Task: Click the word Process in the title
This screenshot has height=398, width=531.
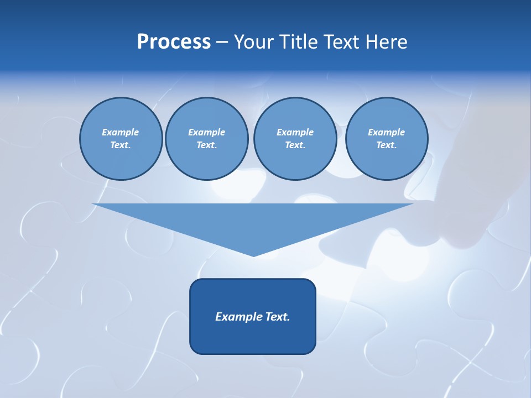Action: click(x=174, y=42)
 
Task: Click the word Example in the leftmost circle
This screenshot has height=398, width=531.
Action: click(x=121, y=132)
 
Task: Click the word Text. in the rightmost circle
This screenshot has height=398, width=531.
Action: click(x=386, y=145)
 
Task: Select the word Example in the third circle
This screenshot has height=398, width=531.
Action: click(x=295, y=132)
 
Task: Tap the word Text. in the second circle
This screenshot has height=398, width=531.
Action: click(x=206, y=145)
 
